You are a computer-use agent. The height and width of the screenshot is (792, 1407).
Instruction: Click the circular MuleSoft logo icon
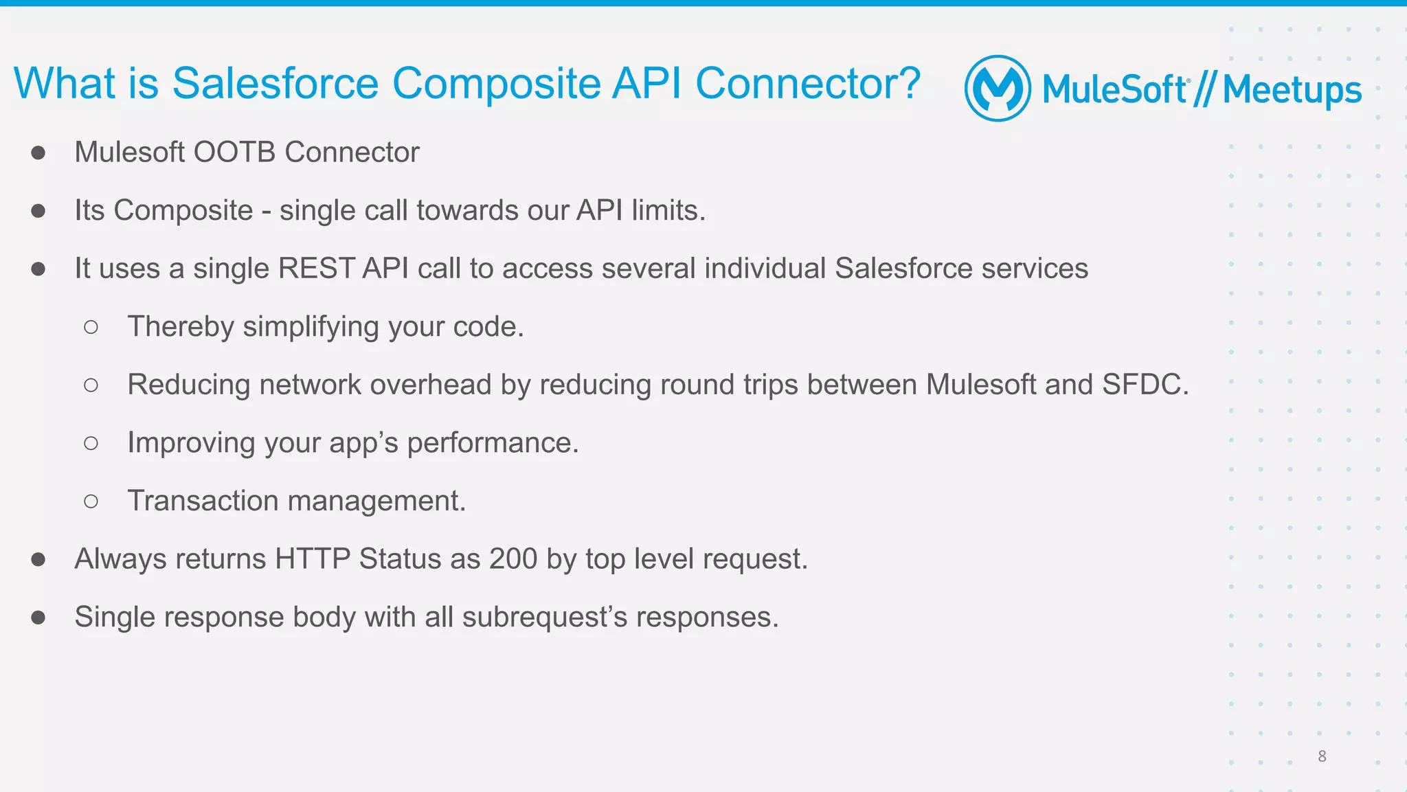pyautogui.click(x=998, y=89)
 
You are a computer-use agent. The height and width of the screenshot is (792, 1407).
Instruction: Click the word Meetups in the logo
pyautogui.click(x=1292, y=91)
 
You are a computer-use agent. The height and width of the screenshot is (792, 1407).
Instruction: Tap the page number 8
pyautogui.click(x=1322, y=756)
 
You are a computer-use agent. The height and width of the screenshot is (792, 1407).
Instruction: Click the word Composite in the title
pyautogui.click(x=496, y=84)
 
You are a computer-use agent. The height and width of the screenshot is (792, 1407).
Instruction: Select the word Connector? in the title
pyautogui.click(x=808, y=84)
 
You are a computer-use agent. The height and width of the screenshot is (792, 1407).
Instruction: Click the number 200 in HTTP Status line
pyautogui.click(x=513, y=558)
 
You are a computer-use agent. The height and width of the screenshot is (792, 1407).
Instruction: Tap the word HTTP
pyautogui.click(x=313, y=558)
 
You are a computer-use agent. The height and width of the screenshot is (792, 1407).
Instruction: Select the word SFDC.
pyautogui.click(x=1145, y=385)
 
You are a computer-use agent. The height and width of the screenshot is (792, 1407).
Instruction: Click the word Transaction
pyautogui.click(x=203, y=501)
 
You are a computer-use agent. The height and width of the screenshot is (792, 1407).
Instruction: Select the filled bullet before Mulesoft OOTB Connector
pyautogui.click(x=38, y=152)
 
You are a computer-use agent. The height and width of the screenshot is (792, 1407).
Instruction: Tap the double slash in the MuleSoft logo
pyautogui.click(x=1204, y=90)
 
